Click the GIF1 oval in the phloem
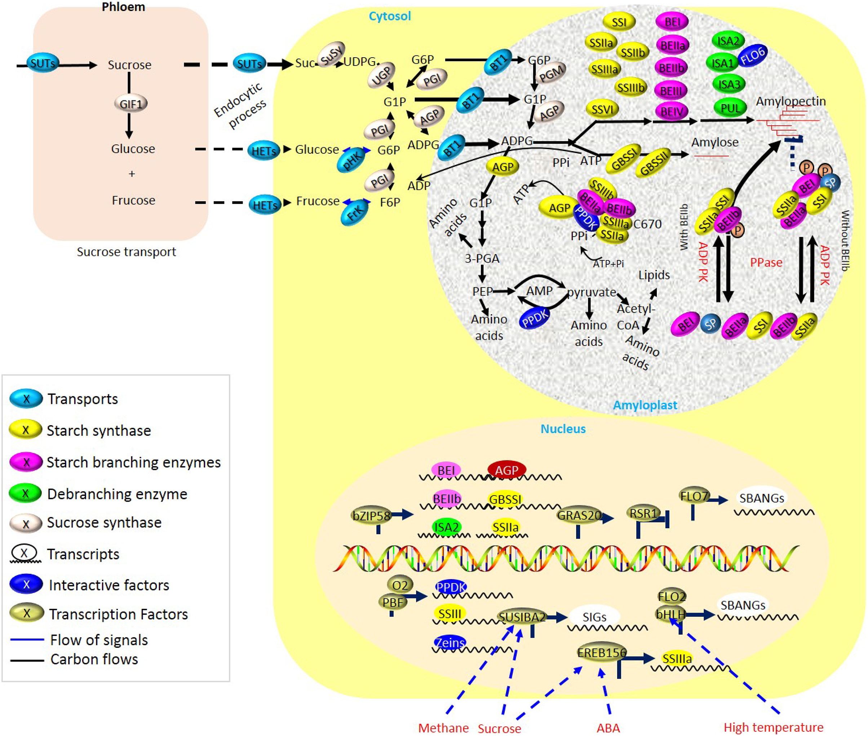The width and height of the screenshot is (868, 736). (x=131, y=103)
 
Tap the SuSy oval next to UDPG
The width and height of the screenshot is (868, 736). (x=331, y=54)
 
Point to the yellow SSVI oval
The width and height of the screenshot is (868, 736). (x=602, y=109)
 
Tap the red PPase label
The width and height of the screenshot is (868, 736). (x=766, y=262)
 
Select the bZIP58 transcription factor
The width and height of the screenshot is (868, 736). (x=371, y=516)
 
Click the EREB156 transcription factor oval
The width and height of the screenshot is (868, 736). (x=602, y=652)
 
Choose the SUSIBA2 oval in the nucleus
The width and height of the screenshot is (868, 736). (x=522, y=617)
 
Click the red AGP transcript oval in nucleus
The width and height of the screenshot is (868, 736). (x=506, y=470)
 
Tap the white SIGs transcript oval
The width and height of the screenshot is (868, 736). (x=594, y=617)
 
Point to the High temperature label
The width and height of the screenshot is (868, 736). (x=773, y=727)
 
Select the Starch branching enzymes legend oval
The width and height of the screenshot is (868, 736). (x=26, y=462)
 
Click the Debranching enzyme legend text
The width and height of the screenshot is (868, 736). (x=117, y=494)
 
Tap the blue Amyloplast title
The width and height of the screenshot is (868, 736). (x=645, y=405)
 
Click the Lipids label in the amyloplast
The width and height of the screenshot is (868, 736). (x=654, y=275)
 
